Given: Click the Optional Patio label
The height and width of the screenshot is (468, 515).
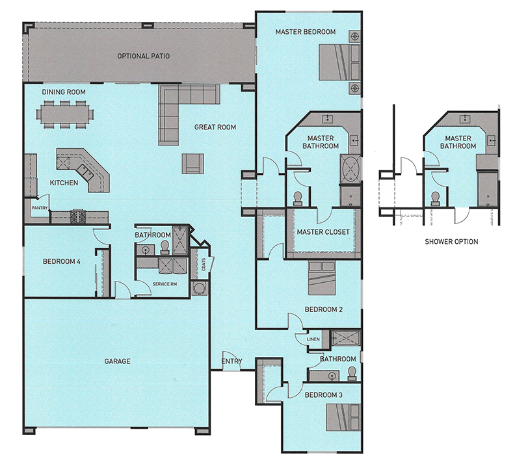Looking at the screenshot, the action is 144,56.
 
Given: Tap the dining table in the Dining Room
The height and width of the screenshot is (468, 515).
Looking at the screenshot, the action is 65,114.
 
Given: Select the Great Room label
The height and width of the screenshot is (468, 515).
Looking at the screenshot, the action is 215,127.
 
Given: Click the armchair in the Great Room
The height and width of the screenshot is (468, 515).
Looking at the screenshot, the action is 192,164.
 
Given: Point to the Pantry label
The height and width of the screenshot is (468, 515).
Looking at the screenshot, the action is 40,208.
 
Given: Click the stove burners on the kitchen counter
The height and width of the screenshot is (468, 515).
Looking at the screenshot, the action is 78,216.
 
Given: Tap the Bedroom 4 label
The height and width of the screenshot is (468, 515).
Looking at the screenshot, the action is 62,262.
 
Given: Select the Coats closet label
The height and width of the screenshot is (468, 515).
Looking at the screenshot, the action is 204,265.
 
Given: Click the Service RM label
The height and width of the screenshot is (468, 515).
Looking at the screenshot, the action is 165,284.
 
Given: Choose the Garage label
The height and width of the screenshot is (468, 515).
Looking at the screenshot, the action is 117,361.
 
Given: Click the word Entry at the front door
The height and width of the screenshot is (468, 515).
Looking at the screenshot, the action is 232,361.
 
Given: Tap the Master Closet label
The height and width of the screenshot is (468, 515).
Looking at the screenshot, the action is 323,232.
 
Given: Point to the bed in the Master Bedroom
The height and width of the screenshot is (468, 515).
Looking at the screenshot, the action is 340,62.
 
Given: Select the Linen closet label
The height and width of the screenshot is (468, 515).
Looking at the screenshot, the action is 313,339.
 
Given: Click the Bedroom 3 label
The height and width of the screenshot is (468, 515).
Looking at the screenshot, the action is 324,395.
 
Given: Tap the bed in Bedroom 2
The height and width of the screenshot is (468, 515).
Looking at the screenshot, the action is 321,278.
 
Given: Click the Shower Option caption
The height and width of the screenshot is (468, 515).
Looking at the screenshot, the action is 451,242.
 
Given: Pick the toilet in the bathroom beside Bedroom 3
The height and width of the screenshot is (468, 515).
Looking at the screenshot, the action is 352,374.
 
